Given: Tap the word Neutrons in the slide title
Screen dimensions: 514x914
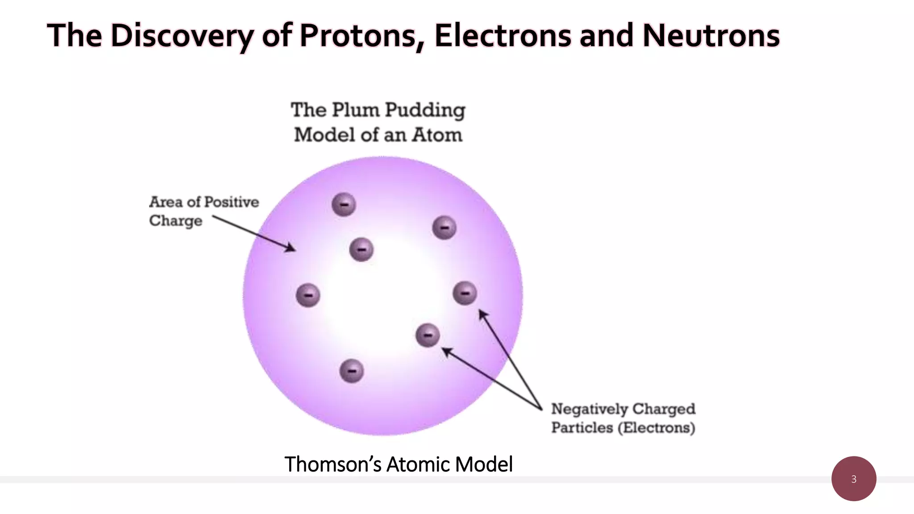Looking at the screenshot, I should pyautogui.click(x=711, y=36).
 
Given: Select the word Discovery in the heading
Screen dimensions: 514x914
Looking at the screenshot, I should pyautogui.click(x=182, y=36).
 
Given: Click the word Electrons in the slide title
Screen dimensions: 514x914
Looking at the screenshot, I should pyautogui.click(x=503, y=36).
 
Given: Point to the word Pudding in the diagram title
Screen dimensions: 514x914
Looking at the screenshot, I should pyautogui.click(x=425, y=110).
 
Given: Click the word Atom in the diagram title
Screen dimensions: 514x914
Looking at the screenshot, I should pyautogui.click(x=437, y=135).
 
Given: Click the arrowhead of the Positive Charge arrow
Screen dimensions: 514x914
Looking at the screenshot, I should pyautogui.click(x=291, y=248).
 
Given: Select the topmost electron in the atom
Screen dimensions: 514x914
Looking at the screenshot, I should pyautogui.click(x=344, y=205).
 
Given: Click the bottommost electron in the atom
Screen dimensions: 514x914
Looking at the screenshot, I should pyautogui.click(x=352, y=371).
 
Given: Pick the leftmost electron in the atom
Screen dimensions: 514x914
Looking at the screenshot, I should pyautogui.click(x=308, y=295).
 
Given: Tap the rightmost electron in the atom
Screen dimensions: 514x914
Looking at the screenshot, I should pyautogui.click(x=465, y=293).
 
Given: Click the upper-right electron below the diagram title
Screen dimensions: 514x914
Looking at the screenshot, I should pyautogui.click(x=445, y=228).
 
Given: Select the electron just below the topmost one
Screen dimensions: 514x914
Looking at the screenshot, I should pyautogui.click(x=361, y=249).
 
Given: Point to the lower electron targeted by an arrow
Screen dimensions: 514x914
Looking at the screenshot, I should pyautogui.click(x=428, y=335).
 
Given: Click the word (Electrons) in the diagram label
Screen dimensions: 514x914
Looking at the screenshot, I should pyautogui.click(x=656, y=427).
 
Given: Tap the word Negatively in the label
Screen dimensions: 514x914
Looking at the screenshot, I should pyautogui.click(x=589, y=409).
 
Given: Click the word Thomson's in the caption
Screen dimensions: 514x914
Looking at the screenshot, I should pyautogui.click(x=333, y=464).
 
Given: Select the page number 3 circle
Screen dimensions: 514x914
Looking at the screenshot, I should pyautogui.click(x=854, y=479).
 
